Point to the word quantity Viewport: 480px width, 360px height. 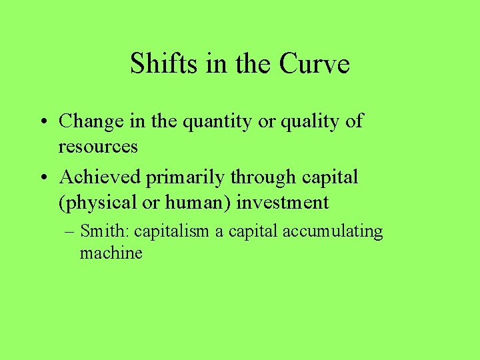[x=220, y=123]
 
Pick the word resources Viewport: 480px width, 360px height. [x=98, y=146]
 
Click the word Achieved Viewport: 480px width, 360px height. [x=100, y=177]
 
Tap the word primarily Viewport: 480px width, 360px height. [x=185, y=178]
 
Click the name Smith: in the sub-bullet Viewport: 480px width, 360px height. [x=105, y=231]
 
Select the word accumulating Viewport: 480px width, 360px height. [x=333, y=233]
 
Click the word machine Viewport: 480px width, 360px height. [x=111, y=253]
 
